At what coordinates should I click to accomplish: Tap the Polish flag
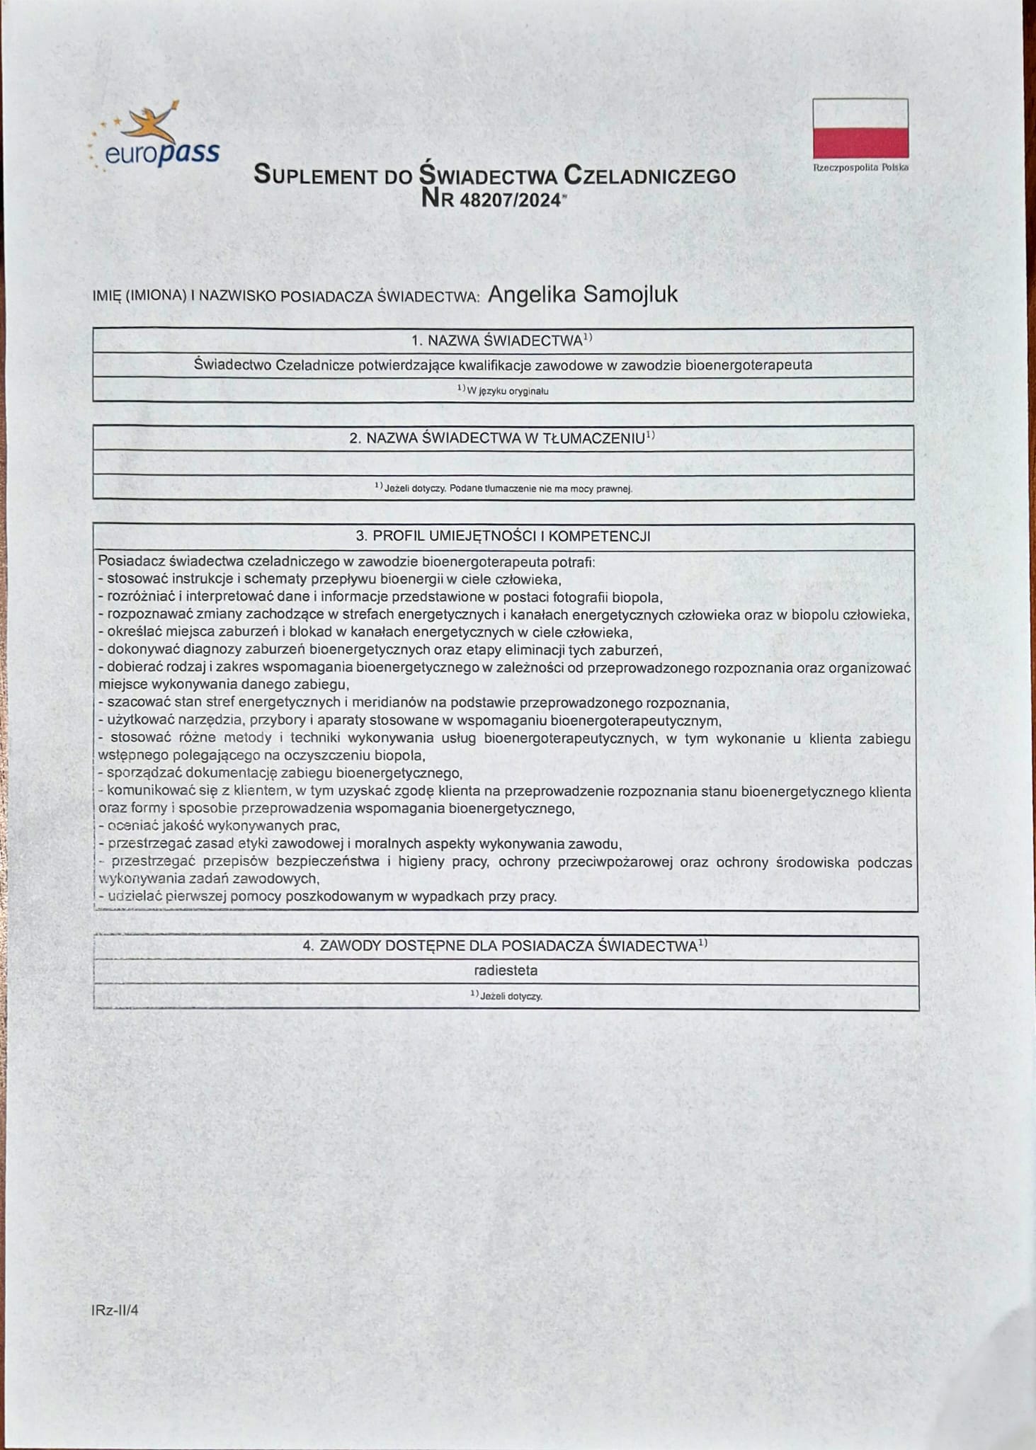[x=860, y=128]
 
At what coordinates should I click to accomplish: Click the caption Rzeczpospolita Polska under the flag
[x=860, y=168]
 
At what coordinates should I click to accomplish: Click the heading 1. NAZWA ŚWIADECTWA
[x=501, y=341]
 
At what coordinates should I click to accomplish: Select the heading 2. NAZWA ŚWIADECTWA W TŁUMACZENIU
[x=501, y=438]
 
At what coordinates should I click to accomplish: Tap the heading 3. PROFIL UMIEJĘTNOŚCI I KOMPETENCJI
[x=503, y=536]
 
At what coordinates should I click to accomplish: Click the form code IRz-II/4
[x=115, y=1310]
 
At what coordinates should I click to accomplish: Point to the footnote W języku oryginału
[x=503, y=390]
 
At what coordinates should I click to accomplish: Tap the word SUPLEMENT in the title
[x=316, y=175]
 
